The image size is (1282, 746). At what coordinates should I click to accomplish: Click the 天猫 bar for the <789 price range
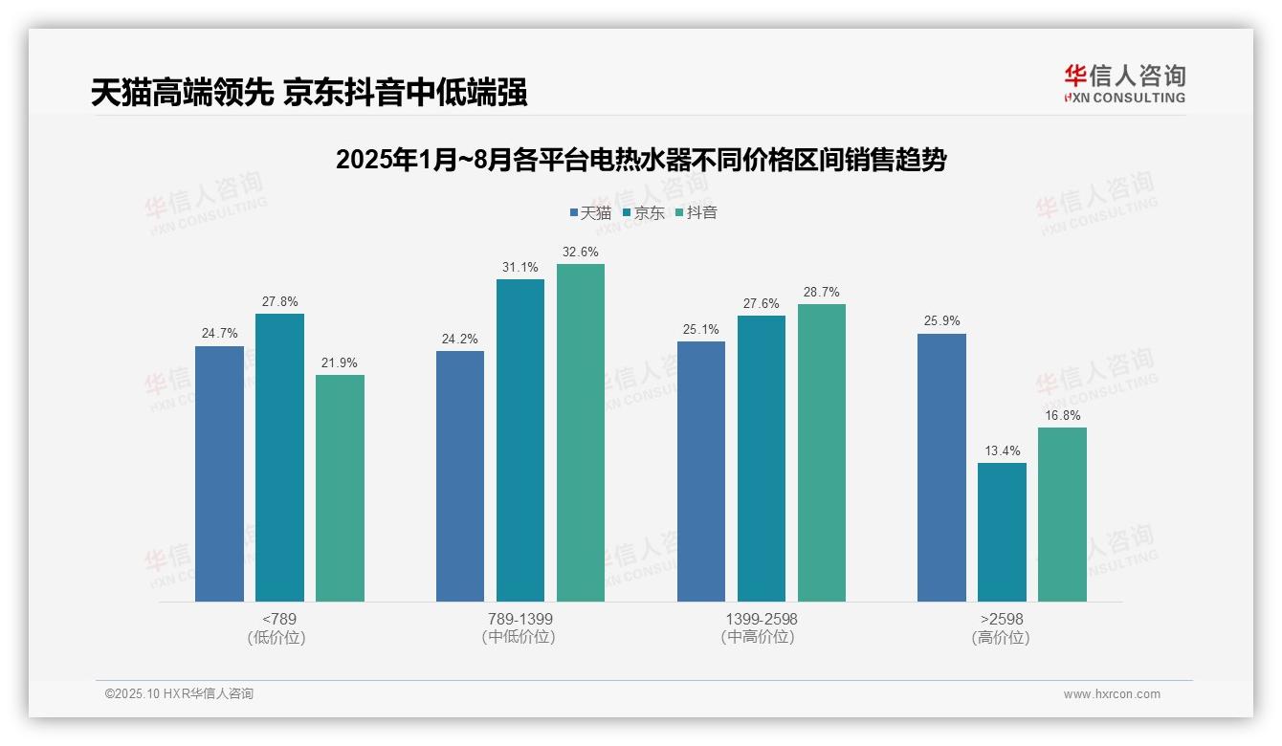pyautogui.click(x=219, y=473)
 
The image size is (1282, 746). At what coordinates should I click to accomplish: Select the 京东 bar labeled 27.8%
pyautogui.click(x=279, y=457)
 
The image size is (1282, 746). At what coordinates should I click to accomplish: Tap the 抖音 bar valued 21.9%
pyautogui.click(x=340, y=488)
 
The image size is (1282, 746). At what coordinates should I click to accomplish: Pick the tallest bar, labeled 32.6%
pyautogui.click(x=581, y=432)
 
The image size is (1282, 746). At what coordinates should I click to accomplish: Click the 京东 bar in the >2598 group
pyautogui.click(x=1002, y=532)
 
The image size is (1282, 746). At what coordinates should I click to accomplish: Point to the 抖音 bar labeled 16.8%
pyautogui.click(x=1062, y=515)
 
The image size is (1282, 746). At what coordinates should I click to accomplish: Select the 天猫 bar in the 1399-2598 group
pyautogui.click(x=701, y=472)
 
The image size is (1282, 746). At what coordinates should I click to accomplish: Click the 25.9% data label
pyautogui.click(x=941, y=321)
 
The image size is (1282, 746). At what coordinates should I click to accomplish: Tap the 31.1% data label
pyautogui.click(x=519, y=267)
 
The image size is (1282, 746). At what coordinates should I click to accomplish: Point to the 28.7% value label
pyautogui.click(x=822, y=292)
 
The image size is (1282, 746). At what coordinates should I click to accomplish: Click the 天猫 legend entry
pyautogui.click(x=590, y=212)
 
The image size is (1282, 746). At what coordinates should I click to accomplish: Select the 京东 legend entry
pyautogui.click(x=644, y=212)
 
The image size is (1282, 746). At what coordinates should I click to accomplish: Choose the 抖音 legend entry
pyautogui.click(x=696, y=212)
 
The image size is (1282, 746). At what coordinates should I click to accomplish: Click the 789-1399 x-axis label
pyautogui.click(x=519, y=619)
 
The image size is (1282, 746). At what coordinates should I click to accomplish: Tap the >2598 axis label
pyautogui.click(x=1001, y=619)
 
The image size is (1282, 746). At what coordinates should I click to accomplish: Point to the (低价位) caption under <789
pyautogui.click(x=277, y=638)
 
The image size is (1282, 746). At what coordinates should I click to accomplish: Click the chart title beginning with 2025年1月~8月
pyautogui.click(x=640, y=160)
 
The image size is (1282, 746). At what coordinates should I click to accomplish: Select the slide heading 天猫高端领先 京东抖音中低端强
pyautogui.click(x=309, y=93)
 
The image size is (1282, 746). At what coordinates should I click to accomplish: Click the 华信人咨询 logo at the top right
pyautogui.click(x=1124, y=83)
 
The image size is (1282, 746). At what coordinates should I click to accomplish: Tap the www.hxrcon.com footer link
pyautogui.click(x=1112, y=694)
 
